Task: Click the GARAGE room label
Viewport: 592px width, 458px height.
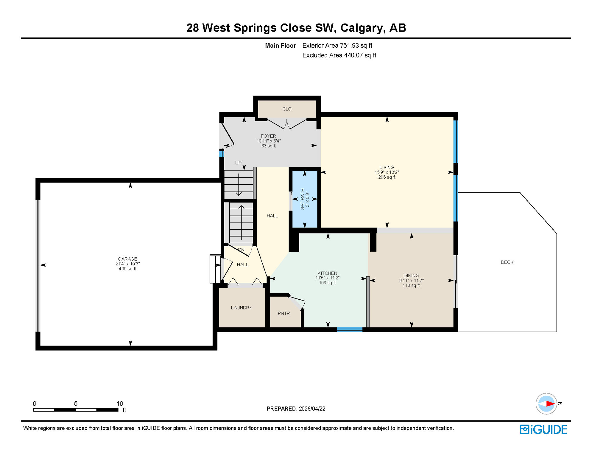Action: point(127,259)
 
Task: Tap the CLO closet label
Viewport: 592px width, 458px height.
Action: point(287,109)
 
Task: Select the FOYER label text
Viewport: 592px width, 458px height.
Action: point(268,136)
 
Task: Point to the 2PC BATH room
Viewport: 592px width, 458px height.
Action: point(305,199)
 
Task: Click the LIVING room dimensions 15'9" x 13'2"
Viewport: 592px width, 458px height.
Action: point(387,172)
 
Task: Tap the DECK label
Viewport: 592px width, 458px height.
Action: point(507,262)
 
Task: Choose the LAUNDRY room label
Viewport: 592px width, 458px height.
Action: point(242,307)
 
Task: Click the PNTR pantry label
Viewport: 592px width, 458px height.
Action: point(283,313)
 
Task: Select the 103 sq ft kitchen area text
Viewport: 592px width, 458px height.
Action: point(327,283)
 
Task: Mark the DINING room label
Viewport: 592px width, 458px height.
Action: point(411,276)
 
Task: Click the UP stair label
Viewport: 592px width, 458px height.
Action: point(238,163)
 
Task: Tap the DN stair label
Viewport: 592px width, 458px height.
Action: point(241,250)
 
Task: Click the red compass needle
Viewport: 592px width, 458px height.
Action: point(550,404)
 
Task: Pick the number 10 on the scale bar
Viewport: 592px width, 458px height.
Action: point(120,403)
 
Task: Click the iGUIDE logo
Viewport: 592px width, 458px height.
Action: point(543,429)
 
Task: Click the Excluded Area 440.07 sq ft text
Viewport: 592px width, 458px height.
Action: point(339,55)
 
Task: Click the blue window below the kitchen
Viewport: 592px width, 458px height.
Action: point(349,329)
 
